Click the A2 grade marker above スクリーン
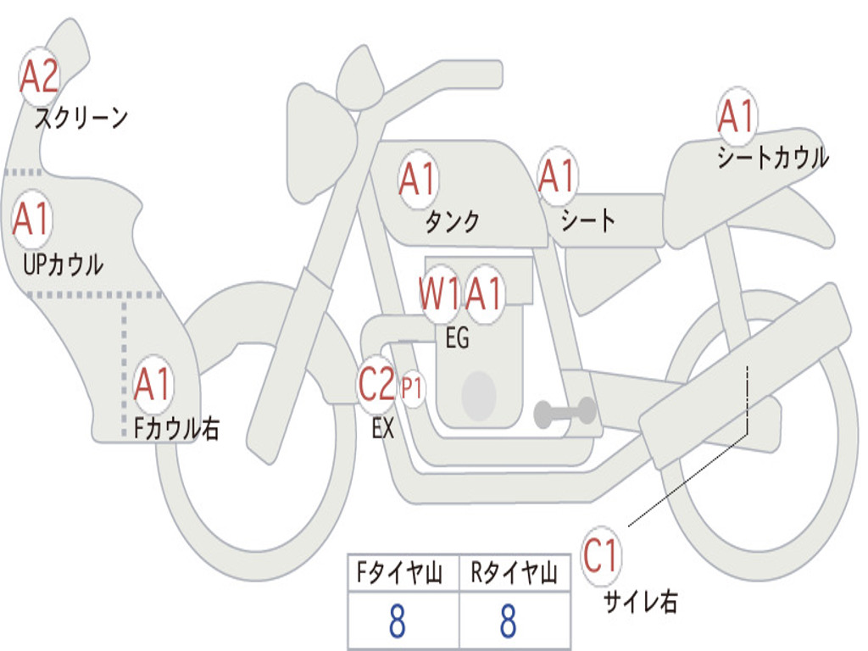39,77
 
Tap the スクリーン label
81,118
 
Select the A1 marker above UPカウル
32,220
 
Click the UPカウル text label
63,264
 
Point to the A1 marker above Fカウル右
153,384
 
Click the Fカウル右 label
176,428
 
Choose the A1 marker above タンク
418,180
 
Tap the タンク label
453,221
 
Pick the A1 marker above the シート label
558,176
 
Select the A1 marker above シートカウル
737,116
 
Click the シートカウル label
773,157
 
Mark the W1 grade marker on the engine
440,293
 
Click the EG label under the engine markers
458,337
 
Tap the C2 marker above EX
377,384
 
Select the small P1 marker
412,388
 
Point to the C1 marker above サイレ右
601,555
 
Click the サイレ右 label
641,602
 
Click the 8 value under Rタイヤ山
509,621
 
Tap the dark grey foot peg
565,413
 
